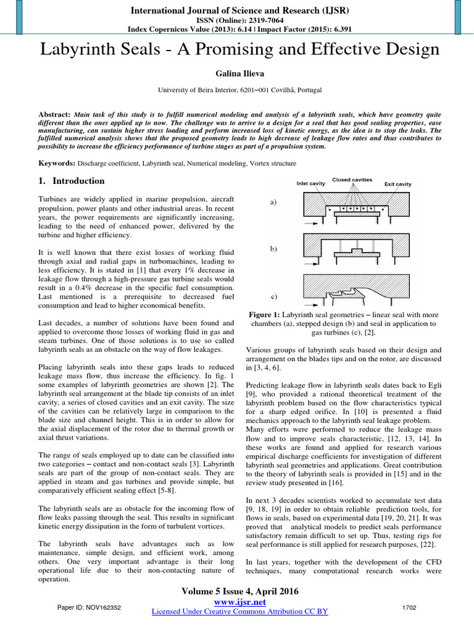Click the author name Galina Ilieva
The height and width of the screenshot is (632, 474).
pyautogui.click(x=236, y=73)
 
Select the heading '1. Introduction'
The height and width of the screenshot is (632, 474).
pyautogui.click(x=68, y=181)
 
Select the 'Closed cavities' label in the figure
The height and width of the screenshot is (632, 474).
pyautogui.click(x=352, y=180)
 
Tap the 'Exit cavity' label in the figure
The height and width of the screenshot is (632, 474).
pyautogui.click(x=397, y=184)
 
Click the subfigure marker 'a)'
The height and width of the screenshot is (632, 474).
pyautogui.click(x=273, y=202)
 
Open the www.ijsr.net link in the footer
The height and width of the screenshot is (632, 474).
pyautogui.click(x=239, y=602)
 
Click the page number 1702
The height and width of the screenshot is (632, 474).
pyautogui.click(x=409, y=608)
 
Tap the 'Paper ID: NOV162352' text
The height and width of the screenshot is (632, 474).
pyautogui.click(x=88, y=608)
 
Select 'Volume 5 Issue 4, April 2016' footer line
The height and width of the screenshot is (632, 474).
pyautogui.click(x=239, y=591)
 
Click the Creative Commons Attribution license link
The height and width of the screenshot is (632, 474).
pyautogui.click(x=239, y=611)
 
